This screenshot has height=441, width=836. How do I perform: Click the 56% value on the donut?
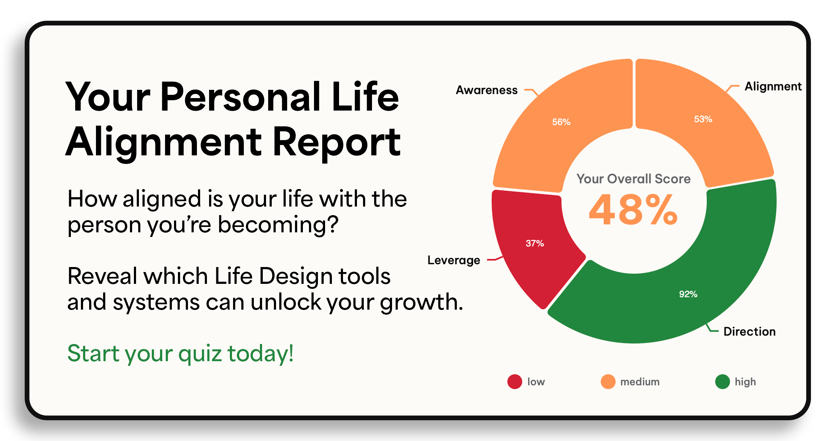561,122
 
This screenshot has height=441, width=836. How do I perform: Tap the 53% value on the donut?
703,119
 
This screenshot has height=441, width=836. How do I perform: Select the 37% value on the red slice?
535,243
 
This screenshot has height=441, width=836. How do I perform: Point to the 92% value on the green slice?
688,294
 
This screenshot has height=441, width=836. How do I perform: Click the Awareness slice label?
487,90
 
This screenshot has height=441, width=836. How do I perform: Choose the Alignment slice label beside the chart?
773,87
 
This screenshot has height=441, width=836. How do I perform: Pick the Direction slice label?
749,331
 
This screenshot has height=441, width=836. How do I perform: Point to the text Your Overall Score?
633,179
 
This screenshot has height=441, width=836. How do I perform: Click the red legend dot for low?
515,382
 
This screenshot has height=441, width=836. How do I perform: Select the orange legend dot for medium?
608,382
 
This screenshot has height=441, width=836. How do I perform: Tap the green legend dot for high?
723,382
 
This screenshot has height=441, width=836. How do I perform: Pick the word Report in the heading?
337,142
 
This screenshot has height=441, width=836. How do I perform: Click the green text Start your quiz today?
180,354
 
